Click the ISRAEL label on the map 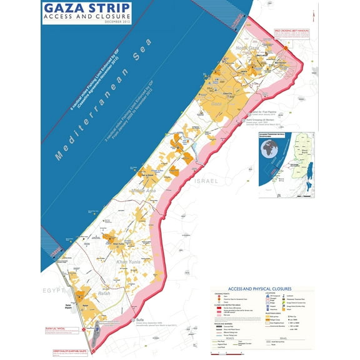tap(207, 181)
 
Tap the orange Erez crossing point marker tap(286, 47)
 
